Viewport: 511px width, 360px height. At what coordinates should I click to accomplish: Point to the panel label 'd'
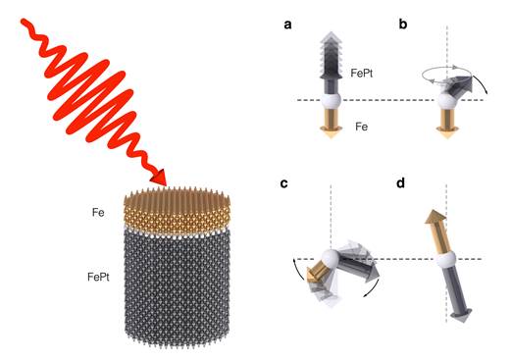[x=404, y=186]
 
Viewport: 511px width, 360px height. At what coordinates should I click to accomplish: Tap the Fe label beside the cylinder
[x=98, y=209]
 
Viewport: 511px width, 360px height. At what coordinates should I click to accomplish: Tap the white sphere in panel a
[x=331, y=99]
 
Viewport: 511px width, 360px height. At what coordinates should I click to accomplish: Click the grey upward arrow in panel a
[x=331, y=59]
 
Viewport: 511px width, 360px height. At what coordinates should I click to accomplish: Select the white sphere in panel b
[x=446, y=98]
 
